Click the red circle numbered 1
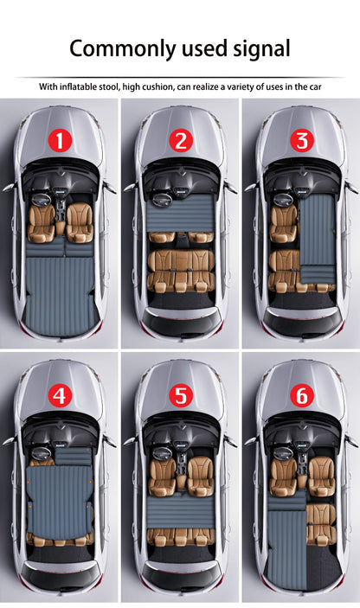tap(59, 140)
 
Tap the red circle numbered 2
tap(180, 140)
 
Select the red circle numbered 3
tap(300, 140)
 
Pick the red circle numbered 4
tap(59, 396)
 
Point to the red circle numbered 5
tap(180, 396)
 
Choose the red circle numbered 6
tap(300, 396)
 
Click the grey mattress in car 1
tap(59, 285)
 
